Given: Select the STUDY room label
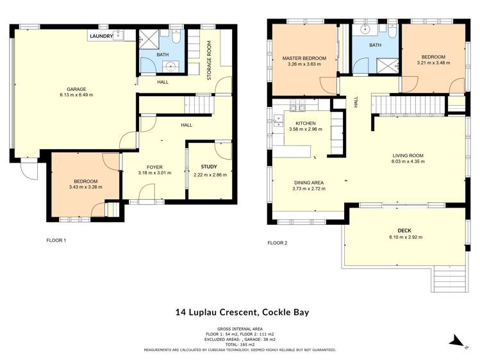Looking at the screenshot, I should pyautogui.click(x=209, y=167).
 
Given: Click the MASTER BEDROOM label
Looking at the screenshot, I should pyautogui.click(x=304, y=58).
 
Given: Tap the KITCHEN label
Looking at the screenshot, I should pyautogui.click(x=305, y=123).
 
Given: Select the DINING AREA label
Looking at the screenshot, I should pyautogui.click(x=308, y=183).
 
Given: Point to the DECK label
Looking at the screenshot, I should pyautogui.click(x=406, y=230).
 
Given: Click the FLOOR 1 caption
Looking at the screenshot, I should pyautogui.click(x=56, y=241).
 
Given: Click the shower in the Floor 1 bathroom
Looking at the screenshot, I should pyautogui.click(x=151, y=39).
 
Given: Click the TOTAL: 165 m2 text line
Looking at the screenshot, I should pyautogui.click(x=240, y=345).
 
